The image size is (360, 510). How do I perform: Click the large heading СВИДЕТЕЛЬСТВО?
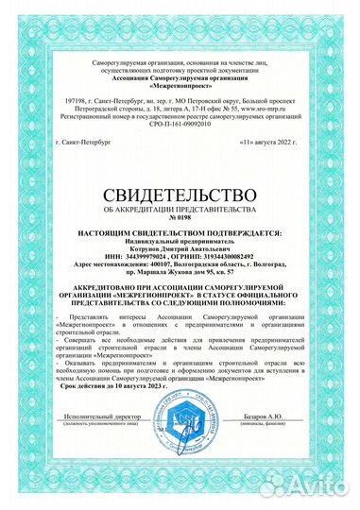click(x=180, y=195)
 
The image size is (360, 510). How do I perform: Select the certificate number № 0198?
click(x=180, y=216)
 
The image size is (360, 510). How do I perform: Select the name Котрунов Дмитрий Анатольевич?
click(x=180, y=246)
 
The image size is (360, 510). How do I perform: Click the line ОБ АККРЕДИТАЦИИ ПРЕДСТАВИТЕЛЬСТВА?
click(x=180, y=207)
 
